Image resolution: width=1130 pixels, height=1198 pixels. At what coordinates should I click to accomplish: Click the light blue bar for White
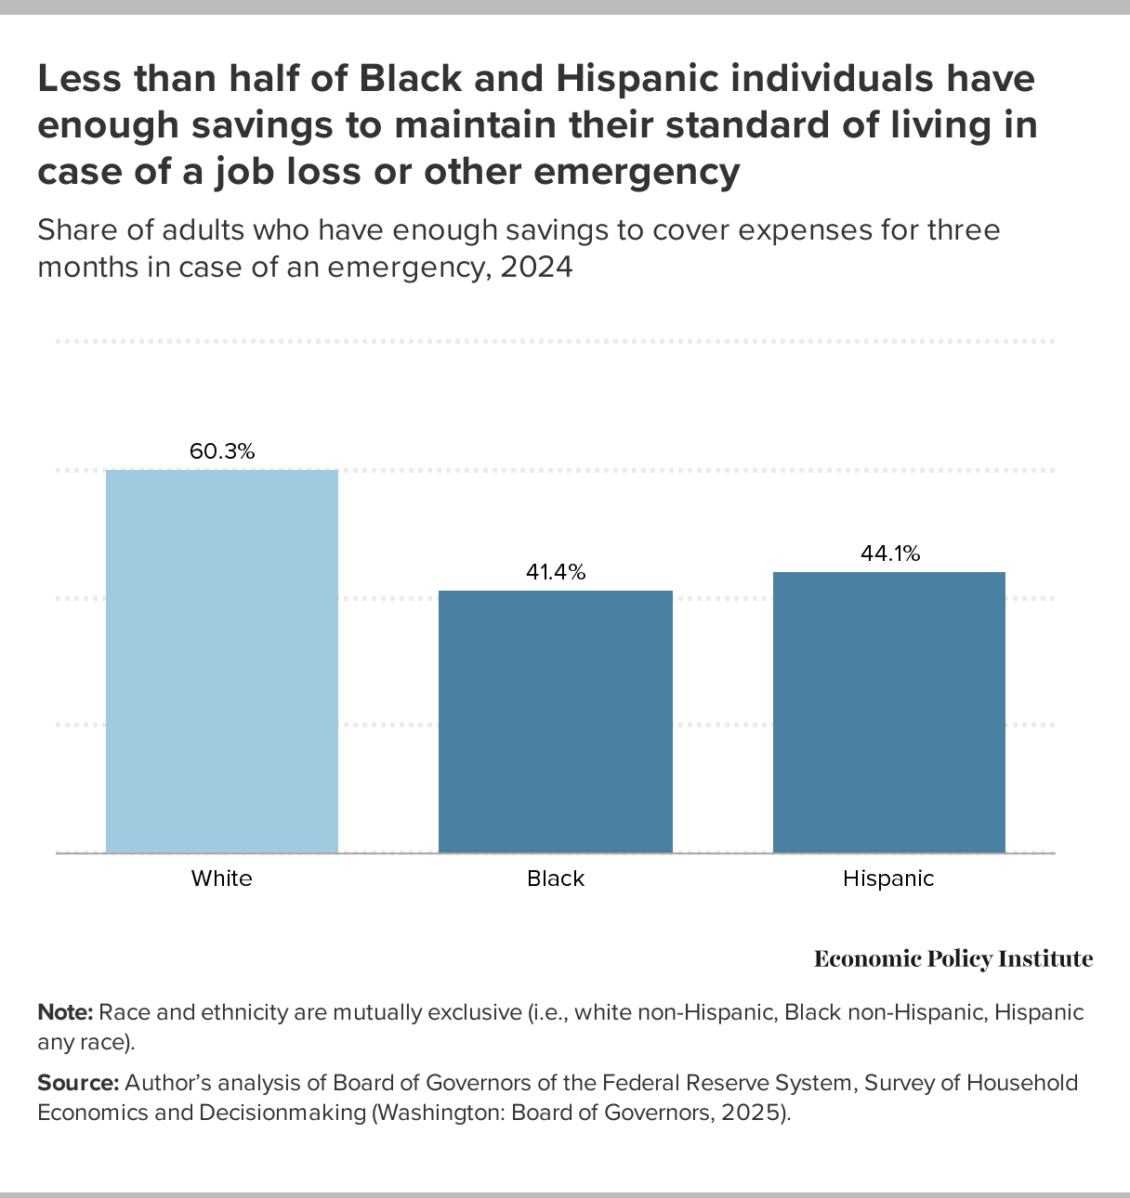pyautogui.click(x=222, y=660)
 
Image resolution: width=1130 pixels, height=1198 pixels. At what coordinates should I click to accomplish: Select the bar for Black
pyautogui.click(x=556, y=721)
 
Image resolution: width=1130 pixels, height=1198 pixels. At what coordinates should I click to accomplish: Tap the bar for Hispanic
pyautogui.click(x=889, y=711)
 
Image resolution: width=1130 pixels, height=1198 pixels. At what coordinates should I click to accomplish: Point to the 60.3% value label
pyautogui.click(x=222, y=452)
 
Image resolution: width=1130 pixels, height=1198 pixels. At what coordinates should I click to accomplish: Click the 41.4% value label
pyautogui.click(x=556, y=572)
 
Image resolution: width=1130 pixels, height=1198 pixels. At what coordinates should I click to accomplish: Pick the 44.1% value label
pyautogui.click(x=889, y=554)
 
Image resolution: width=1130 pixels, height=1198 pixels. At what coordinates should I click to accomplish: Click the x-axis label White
pyautogui.click(x=222, y=879)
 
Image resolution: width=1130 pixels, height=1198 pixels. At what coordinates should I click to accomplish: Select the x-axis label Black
pyautogui.click(x=556, y=879)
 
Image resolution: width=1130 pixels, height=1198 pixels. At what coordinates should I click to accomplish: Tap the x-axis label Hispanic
pyautogui.click(x=888, y=879)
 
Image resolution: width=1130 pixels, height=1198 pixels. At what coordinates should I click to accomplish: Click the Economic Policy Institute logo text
pyautogui.click(x=953, y=959)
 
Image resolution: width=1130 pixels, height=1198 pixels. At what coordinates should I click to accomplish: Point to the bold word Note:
pyautogui.click(x=65, y=1012)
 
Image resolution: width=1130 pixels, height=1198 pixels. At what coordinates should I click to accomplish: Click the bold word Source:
pyautogui.click(x=78, y=1083)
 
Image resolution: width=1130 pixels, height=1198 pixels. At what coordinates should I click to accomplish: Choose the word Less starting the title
pyautogui.click(x=79, y=80)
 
